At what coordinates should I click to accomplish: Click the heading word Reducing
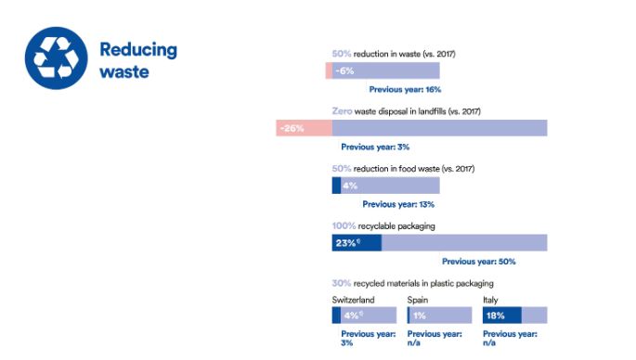(137, 49)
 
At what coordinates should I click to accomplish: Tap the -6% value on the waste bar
(344, 71)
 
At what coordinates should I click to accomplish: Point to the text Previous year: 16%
(405, 90)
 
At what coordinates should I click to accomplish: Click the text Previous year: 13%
(398, 204)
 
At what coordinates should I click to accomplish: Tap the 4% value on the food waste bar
(350, 186)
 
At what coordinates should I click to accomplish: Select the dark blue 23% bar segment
(356, 243)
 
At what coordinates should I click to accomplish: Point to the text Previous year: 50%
(478, 262)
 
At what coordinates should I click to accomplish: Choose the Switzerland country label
(353, 300)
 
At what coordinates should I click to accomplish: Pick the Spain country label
(419, 300)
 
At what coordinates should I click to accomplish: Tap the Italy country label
(490, 300)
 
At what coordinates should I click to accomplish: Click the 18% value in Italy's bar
(495, 315)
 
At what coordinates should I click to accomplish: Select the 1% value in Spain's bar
(420, 315)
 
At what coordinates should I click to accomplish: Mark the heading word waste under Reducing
(123, 71)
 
